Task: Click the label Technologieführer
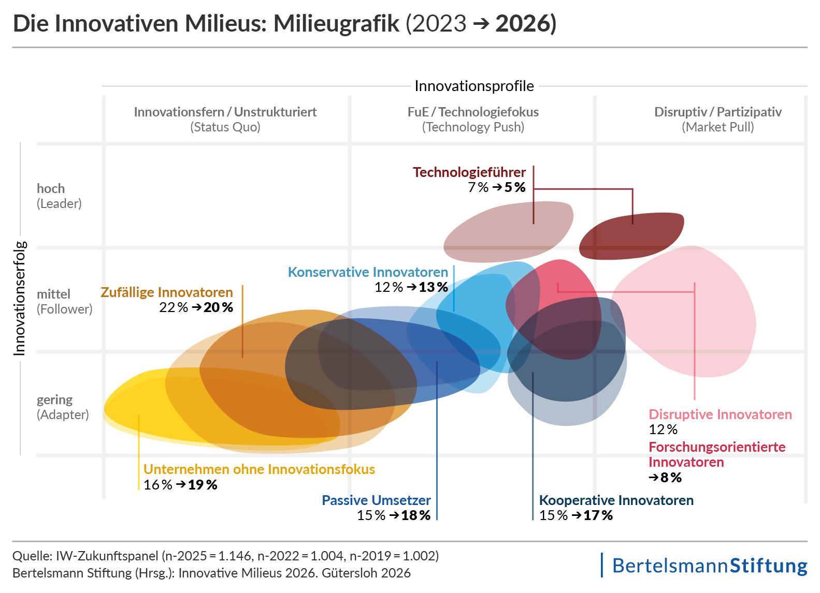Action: click(469, 172)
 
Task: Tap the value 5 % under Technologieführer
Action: click(515, 187)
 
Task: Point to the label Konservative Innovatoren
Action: click(368, 272)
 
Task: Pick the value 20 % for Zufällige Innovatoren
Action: click(219, 307)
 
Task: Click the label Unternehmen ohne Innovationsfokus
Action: click(259, 469)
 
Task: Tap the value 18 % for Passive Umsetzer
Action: click(416, 515)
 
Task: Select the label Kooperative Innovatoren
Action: click(616, 500)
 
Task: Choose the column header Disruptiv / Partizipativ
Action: click(717, 112)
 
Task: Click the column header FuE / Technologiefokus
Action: click(473, 112)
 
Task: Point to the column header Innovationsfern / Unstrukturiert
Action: click(225, 112)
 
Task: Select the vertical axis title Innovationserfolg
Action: click(20, 299)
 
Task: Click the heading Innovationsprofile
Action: click(474, 86)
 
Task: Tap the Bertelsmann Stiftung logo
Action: click(709, 565)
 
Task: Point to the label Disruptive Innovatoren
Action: click(720, 414)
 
